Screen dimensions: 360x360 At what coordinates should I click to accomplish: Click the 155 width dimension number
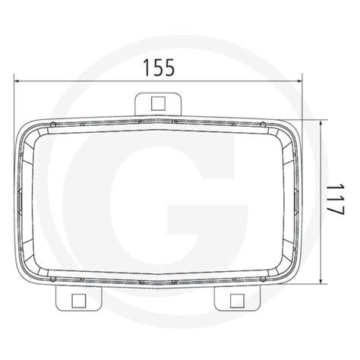[x=159, y=67]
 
